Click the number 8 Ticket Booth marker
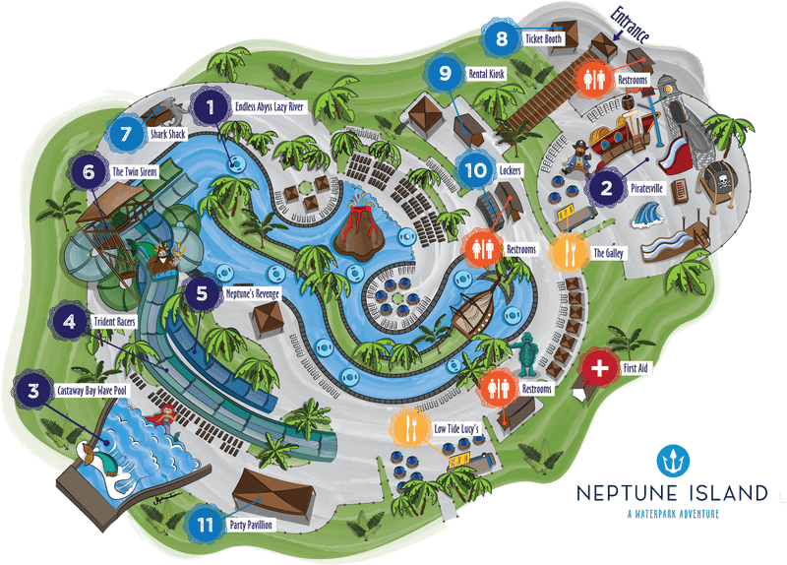(502, 39)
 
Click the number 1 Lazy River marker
(210, 104)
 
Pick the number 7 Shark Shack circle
(125, 132)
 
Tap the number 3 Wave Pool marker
(32, 392)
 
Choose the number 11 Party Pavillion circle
(206, 523)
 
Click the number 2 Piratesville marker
(607, 187)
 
